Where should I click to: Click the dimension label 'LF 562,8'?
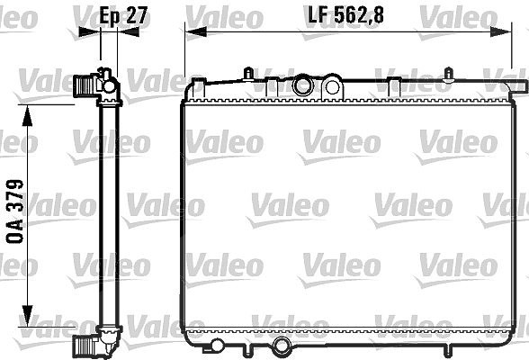(x=346, y=15)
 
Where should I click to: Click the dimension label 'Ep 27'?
(x=123, y=15)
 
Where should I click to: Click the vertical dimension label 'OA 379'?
(x=15, y=211)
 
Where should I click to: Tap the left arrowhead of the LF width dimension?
(x=196, y=32)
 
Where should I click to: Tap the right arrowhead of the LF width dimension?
(x=500, y=32)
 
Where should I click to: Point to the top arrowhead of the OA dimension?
(x=27, y=115)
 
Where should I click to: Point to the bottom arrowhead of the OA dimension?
(x=27, y=316)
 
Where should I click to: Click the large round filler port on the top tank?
(x=302, y=85)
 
